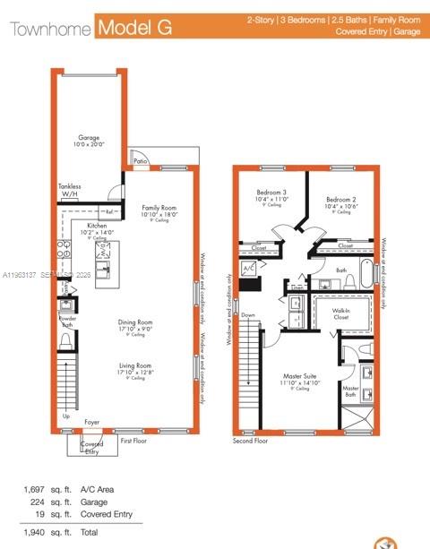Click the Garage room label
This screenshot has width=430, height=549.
pos(88,138)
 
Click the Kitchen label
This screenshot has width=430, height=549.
pos(98,226)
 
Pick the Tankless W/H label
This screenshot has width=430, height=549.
pos(70,190)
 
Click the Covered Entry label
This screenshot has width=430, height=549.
pos(91,447)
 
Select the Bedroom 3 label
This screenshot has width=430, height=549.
pos(271,193)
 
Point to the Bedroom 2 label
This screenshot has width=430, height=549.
pos(340,199)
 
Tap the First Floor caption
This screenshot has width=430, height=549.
pos(133,441)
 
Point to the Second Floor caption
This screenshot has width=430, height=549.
pos(251,441)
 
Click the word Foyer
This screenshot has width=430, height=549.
pos(92,420)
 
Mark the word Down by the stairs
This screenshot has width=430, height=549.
pos(248,315)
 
